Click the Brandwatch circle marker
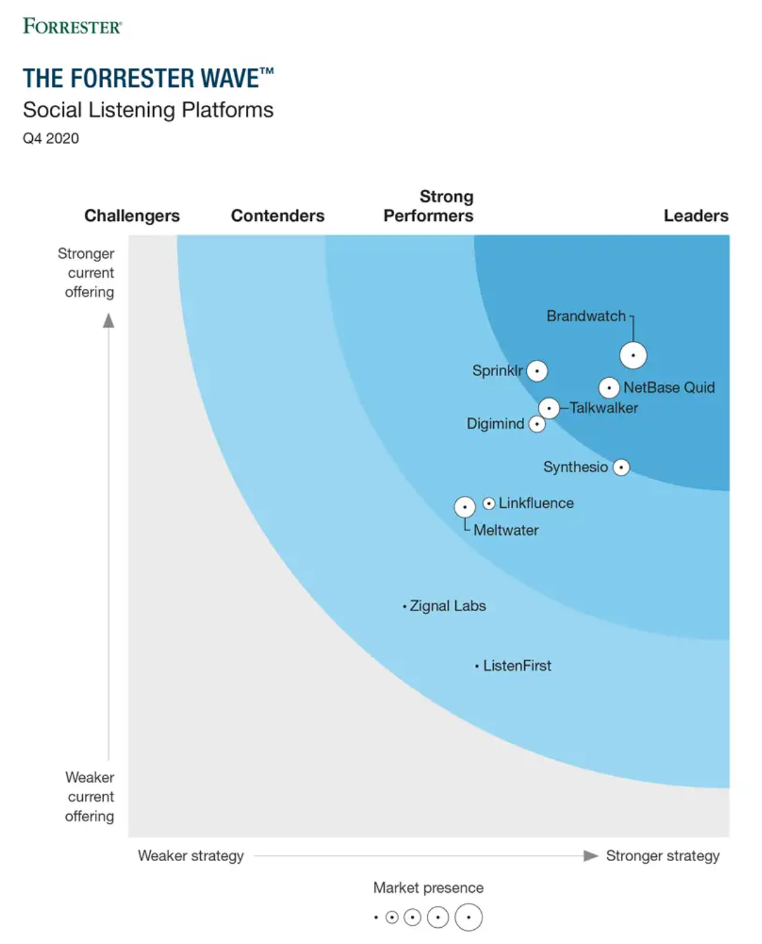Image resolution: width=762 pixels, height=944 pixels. point(633,355)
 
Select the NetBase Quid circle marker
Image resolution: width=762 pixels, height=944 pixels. point(609,387)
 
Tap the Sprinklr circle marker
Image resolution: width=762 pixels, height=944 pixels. point(537,371)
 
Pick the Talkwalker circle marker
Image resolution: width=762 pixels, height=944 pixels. point(549,408)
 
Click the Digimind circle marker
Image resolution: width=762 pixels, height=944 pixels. point(537,424)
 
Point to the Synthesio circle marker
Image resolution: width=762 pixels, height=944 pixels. point(621,467)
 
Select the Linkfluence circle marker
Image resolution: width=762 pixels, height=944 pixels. point(489,503)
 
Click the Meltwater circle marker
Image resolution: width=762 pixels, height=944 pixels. point(465,507)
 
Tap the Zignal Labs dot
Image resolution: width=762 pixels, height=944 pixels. point(404,606)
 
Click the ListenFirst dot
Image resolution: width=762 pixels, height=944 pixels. point(477,666)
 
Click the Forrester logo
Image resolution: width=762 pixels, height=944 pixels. point(73,26)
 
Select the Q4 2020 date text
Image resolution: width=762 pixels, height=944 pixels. point(51,138)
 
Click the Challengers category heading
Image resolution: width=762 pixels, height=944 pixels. point(132,216)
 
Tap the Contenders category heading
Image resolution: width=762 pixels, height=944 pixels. point(278,216)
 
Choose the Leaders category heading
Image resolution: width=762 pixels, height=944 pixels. point(696,216)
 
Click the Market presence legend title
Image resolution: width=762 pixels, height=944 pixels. point(428,887)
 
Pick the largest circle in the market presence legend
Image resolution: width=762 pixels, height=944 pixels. point(468,917)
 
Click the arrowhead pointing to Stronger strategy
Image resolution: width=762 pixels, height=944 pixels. point(590,856)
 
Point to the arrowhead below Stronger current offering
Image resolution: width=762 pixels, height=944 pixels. point(108,321)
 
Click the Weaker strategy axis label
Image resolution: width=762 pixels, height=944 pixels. point(191,856)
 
